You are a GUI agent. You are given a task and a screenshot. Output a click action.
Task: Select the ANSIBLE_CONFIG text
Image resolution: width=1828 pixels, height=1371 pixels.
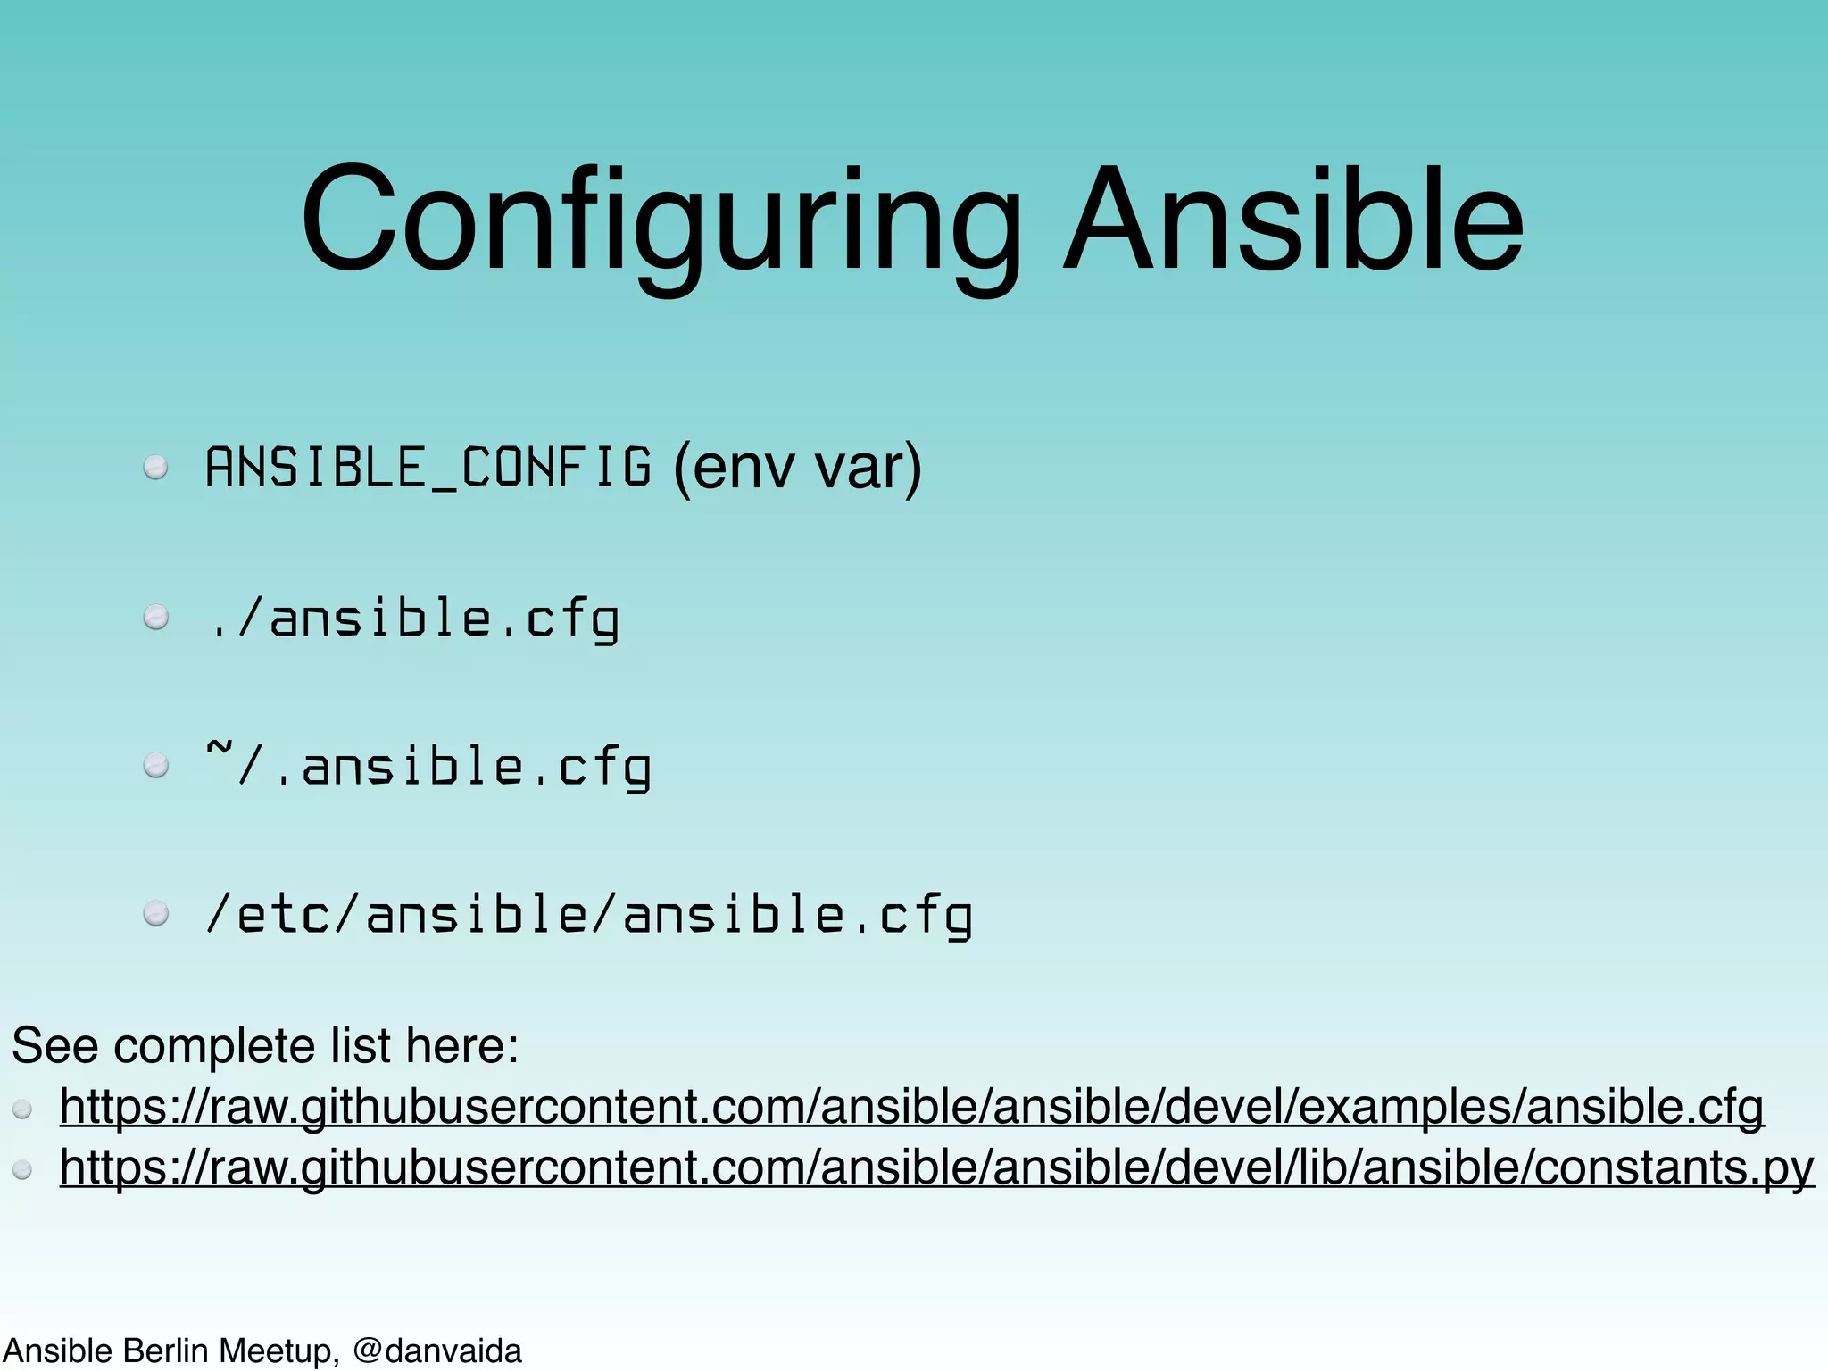click(428, 468)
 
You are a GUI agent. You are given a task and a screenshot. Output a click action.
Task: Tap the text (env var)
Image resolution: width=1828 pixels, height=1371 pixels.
click(797, 468)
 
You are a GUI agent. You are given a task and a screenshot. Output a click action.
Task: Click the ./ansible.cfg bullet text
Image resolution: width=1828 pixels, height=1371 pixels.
click(413, 618)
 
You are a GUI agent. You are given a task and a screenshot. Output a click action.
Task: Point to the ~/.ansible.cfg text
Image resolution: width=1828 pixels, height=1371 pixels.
click(428, 767)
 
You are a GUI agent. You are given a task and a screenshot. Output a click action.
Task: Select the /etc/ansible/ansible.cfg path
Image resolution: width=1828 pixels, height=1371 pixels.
click(589, 916)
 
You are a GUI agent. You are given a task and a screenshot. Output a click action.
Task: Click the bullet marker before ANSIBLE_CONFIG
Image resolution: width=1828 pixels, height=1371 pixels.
click(156, 469)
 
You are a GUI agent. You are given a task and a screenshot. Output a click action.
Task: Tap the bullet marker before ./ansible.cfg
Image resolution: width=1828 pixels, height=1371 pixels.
click(156, 618)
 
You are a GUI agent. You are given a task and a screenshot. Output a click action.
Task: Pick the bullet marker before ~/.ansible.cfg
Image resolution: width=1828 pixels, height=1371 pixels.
click(156, 766)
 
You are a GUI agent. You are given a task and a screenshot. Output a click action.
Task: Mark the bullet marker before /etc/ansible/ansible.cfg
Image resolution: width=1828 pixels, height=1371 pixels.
click(156, 914)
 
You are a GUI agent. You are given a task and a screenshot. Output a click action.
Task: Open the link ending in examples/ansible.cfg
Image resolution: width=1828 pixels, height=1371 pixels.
click(911, 1107)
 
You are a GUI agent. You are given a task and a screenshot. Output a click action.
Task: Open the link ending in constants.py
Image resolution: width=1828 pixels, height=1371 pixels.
click(936, 1167)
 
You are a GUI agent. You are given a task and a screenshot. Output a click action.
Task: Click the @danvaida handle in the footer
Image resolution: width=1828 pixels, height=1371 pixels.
click(436, 1351)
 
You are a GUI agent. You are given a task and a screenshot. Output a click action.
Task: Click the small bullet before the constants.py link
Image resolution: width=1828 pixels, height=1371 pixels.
click(23, 1170)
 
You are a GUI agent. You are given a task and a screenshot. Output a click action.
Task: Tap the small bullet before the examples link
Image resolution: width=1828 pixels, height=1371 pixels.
click(23, 1110)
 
